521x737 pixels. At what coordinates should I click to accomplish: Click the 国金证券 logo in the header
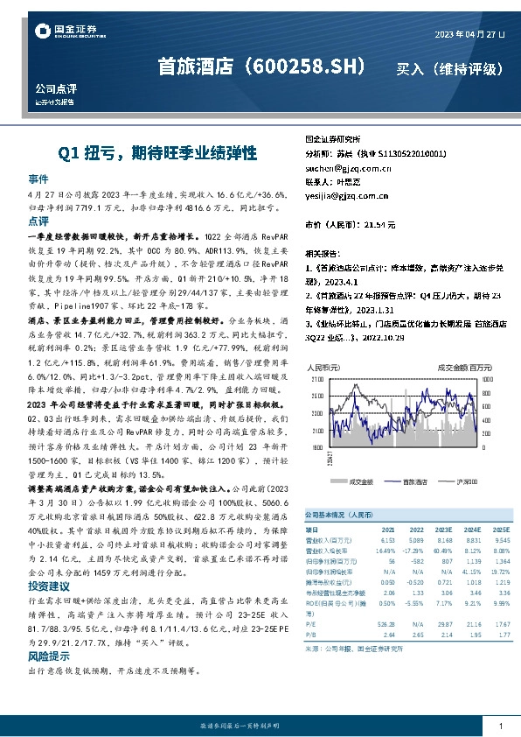coord(66,32)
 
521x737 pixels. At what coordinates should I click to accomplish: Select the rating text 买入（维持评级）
coord(448,67)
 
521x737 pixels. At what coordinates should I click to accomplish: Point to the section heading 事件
coord(38,177)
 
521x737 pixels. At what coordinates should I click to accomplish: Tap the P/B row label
coord(309,635)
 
